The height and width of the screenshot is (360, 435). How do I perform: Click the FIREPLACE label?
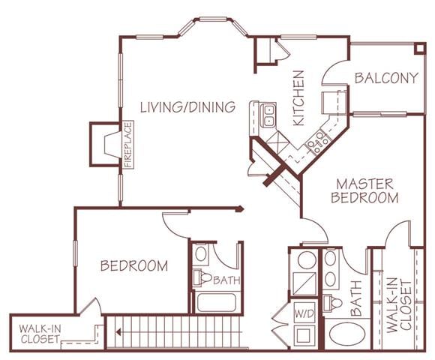click(127, 145)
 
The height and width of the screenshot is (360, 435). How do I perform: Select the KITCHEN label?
click(298, 98)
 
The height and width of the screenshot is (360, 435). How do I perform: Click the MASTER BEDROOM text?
click(366, 190)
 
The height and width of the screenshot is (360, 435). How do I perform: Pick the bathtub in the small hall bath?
click(216, 303)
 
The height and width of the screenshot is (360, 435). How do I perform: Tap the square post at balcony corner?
click(418, 47)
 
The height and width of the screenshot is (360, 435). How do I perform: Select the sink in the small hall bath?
click(201, 253)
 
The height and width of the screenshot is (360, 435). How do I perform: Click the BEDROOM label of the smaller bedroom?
click(134, 265)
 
